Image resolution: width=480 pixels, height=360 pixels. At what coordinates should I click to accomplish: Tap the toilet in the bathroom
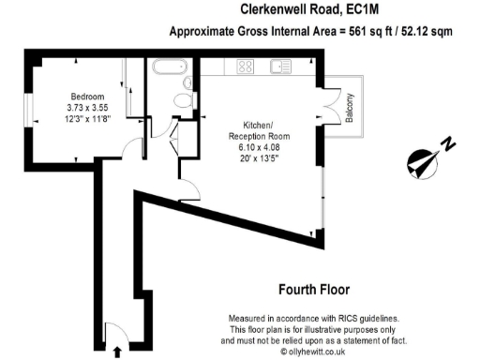point(185,99)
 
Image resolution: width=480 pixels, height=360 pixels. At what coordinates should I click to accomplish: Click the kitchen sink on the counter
point(279,67)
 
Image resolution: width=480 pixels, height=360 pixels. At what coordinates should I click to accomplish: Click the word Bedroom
point(87,97)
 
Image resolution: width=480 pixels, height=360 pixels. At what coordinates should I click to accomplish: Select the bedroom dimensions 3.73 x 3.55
point(87,108)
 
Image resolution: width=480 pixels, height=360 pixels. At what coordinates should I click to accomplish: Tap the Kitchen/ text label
point(259,124)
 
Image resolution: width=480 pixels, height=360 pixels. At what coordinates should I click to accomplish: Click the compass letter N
point(449,143)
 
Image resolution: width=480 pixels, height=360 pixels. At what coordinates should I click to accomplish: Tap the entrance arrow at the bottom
point(117,352)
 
